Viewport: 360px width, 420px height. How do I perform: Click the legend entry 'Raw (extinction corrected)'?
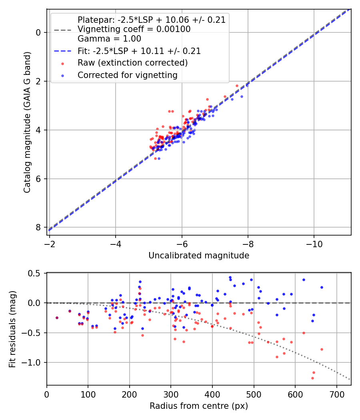tap(132, 63)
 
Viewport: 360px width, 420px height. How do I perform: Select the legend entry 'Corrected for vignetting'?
tap(127, 75)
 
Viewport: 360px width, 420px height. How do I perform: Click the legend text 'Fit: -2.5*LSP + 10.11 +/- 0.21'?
tap(139, 51)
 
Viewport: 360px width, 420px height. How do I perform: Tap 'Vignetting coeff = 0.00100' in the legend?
tap(134, 29)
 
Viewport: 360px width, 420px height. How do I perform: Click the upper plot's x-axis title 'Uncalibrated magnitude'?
tap(199, 255)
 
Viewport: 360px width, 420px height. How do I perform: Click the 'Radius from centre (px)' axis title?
tap(199, 406)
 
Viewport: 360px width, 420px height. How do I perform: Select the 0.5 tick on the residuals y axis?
tap(36, 273)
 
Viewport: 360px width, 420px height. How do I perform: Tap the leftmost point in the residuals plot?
tap(57, 318)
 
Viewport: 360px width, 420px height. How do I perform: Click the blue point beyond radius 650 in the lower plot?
tap(322, 287)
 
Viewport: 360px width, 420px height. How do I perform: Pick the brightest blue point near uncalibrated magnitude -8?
tap(247, 85)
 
